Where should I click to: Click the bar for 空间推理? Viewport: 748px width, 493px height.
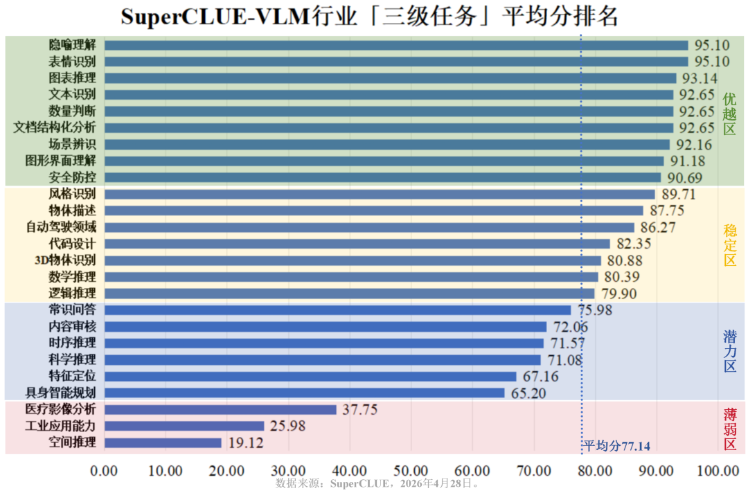point(163,442)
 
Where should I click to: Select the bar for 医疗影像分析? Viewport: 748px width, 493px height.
point(220,409)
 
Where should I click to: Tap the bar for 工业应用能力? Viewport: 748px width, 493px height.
point(184,426)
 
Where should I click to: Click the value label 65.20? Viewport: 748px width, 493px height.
point(528,393)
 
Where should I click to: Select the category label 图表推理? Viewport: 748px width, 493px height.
point(72,78)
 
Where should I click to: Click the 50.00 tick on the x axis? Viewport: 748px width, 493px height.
point(411,471)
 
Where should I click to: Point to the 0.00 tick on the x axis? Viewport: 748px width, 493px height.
point(105,471)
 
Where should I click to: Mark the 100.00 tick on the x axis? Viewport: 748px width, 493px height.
point(718,471)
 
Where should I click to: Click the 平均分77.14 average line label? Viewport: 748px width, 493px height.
point(616,446)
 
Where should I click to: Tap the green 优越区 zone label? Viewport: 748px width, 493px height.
point(730,114)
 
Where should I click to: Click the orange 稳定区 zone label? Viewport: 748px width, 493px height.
point(730,246)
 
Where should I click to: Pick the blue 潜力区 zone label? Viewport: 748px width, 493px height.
point(730,352)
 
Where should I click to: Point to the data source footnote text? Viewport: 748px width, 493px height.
point(377,483)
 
